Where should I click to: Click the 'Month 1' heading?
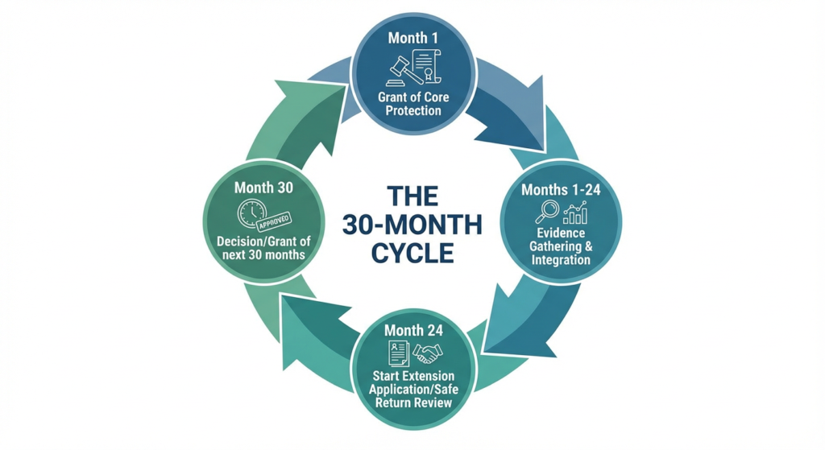click(412, 38)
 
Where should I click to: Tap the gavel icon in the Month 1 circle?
click(397, 69)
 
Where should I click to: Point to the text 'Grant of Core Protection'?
click(413, 103)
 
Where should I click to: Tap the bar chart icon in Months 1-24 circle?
click(575, 213)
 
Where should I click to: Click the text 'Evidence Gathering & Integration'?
click(561, 246)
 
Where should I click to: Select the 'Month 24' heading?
click(412, 330)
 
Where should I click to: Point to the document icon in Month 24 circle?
click(398, 353)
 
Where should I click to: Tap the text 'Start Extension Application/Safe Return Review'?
click(413, 389)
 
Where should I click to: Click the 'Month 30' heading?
click(263, 188)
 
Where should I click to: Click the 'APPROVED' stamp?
click(277, 217)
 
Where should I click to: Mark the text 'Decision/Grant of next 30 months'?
click(263, 249)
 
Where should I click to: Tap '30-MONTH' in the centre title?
click(412, 224)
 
